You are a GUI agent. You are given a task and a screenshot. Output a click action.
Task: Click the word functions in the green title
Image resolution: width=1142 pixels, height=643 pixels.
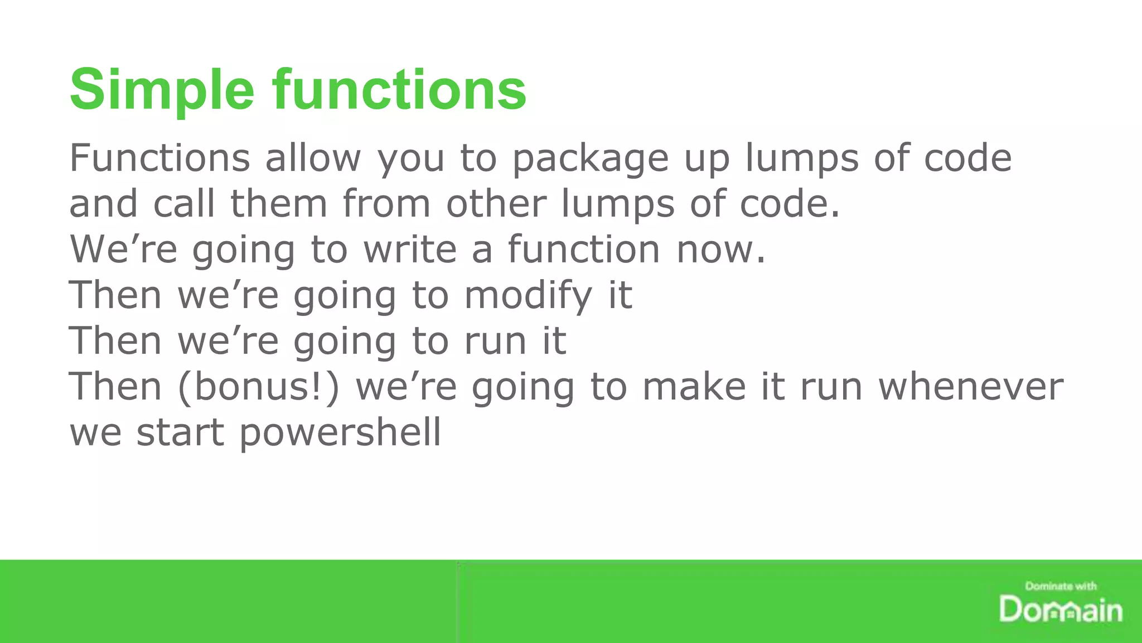pyautogui.click(x=399, y=89)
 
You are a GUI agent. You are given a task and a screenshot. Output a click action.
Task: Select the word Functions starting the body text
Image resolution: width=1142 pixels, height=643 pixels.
pyautogui.click(x=159, y=158)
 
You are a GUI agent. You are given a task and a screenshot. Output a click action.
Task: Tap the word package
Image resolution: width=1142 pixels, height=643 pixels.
pyautogui.click(x=590, y=159)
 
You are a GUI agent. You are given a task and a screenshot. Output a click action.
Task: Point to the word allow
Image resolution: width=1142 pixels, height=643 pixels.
pyautogui.click(x=313, y=158)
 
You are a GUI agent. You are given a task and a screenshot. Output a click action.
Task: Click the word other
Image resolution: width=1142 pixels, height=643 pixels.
pyautogui.click(x=496, y=204)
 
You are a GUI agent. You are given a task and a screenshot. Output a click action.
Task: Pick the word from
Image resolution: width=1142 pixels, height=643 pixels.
pyautogui.click(x=386, y=204)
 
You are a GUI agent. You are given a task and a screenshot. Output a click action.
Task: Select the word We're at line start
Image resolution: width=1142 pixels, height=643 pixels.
pyautogui.click(x=123, y=249)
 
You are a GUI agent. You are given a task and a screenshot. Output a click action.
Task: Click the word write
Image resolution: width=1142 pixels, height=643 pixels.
pyautogui.click(x=410, y=249)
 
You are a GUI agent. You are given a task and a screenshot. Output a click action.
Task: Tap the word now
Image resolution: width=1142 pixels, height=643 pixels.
pyautogui.click(x=721, y=249)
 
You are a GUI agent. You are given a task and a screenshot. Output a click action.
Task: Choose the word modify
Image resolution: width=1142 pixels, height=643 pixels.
pyautogui.click(x=528, y=296)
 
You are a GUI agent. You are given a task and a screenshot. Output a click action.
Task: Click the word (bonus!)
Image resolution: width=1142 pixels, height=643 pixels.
pyautogui.click(x=259, y=387)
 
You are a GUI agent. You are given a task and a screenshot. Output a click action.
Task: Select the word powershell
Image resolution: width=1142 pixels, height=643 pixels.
pyautogui.click(x=340, y=433)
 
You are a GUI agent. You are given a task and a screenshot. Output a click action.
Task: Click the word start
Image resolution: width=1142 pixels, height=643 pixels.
pyautogui.click(x=180, y=433)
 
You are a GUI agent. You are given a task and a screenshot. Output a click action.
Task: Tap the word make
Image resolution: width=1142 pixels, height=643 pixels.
pyautogui.click(x=694, y=387)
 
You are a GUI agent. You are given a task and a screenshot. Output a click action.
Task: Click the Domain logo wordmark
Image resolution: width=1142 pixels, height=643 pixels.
pyautogui.click(x=1060, y=610)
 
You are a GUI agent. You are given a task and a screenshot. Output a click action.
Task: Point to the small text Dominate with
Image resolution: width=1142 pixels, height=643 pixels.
pyautogui.click(x=1061, y=586)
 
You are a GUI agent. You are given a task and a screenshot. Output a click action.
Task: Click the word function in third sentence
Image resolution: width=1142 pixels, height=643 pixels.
pyautogui.click(x=584, y=249)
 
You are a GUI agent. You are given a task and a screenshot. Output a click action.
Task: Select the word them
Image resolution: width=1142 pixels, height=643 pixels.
pyautogui.click(x=279, y=204)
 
